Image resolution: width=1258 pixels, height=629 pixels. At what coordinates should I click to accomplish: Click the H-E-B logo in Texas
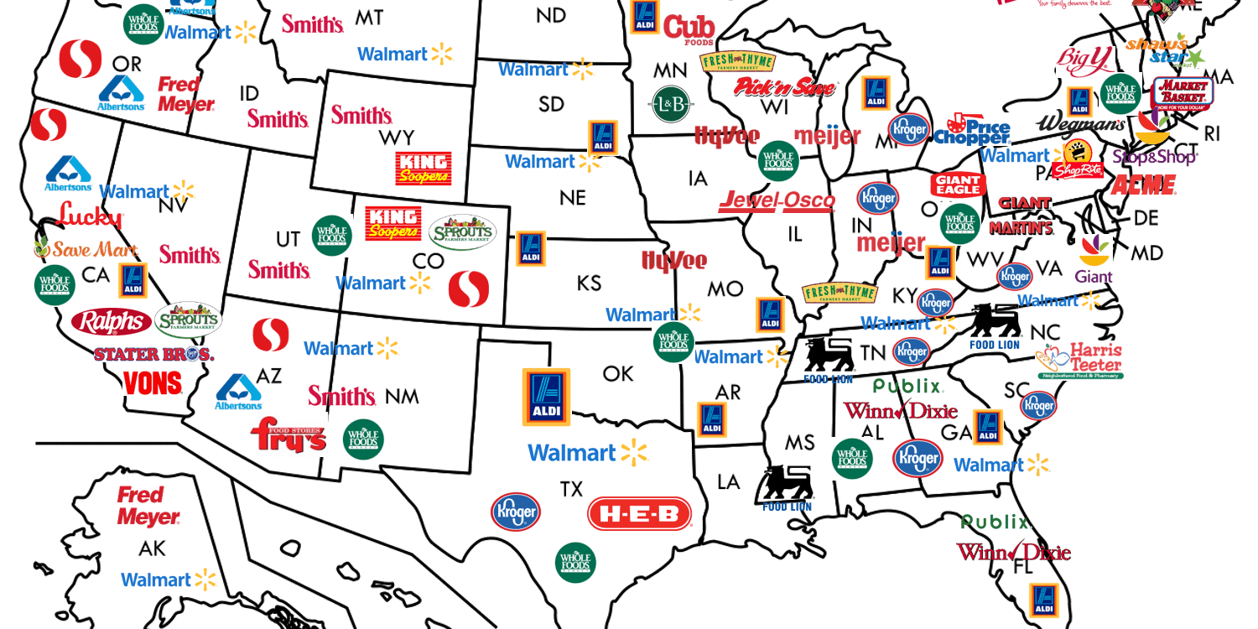coord(639,514)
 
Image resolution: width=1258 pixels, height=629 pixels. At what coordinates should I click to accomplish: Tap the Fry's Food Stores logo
coord(288,434)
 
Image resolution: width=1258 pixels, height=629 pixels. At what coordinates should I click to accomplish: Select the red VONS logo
coord(152,383)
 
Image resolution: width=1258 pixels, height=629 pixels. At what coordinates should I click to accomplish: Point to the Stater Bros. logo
coord(153,354)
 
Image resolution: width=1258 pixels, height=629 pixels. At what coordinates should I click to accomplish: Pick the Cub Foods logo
coord(689,29)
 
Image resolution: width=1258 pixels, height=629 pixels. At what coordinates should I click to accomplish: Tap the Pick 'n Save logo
coord(786,87)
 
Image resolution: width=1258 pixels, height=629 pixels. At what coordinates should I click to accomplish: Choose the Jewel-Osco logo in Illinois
coord(777,201)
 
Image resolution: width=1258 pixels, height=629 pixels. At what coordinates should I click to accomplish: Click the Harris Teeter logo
coord(1081,360)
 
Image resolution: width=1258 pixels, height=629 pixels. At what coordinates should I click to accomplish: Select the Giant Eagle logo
coord(957,185)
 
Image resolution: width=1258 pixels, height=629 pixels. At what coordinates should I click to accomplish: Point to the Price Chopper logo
coord(973,129)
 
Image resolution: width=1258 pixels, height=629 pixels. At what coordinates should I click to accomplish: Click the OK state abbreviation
coord(618,373)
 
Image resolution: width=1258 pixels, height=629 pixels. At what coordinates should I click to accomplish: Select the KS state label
coord(589,283)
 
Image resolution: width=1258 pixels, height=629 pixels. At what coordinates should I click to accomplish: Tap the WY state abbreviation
coord(397,137)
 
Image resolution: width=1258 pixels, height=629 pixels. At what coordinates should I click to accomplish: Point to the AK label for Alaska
coord(153,549)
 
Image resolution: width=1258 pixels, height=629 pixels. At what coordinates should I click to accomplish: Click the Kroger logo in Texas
coord(516,512)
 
